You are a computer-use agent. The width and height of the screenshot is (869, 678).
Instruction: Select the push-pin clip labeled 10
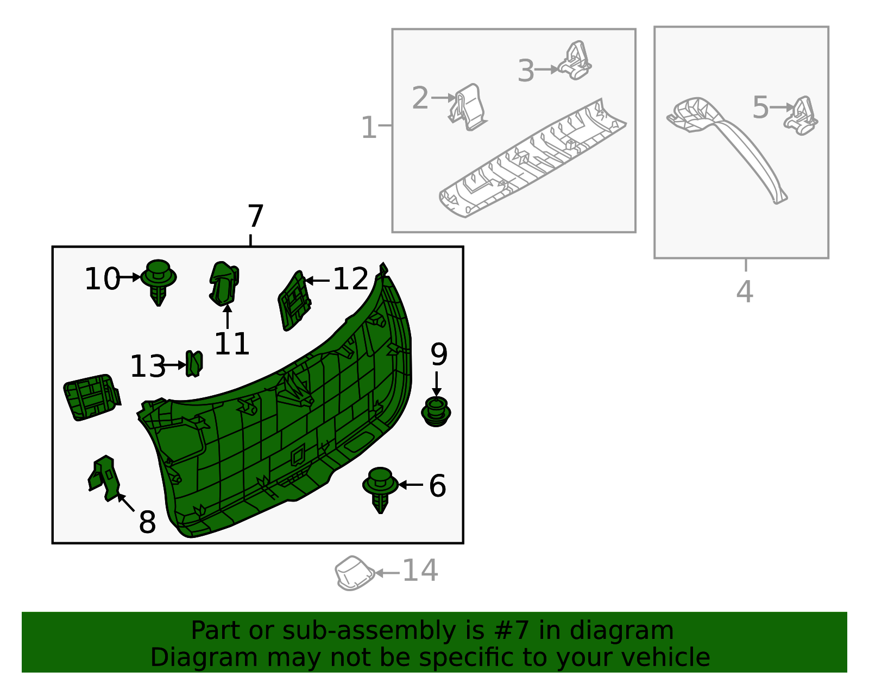coord(158,280)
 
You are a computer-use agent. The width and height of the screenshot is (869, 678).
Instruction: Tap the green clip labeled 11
coord(224,283)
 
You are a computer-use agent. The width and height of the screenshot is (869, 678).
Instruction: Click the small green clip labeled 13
coord(194,363)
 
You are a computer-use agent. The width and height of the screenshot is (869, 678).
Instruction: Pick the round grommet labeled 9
coord(436,412)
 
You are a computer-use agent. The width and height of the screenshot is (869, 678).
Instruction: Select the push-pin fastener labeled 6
coord(380,487)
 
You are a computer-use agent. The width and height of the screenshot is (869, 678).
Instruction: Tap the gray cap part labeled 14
coord(354,573)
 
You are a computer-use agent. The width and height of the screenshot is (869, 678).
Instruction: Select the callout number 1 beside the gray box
coord(369,128)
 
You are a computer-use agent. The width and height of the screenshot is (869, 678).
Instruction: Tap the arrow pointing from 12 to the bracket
coord(317,281)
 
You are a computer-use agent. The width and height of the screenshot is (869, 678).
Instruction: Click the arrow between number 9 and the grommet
coord(436,383)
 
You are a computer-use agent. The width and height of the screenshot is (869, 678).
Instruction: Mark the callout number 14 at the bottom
coord(420,571)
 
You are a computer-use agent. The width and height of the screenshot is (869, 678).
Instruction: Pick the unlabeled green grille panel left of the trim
coord(91,396)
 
